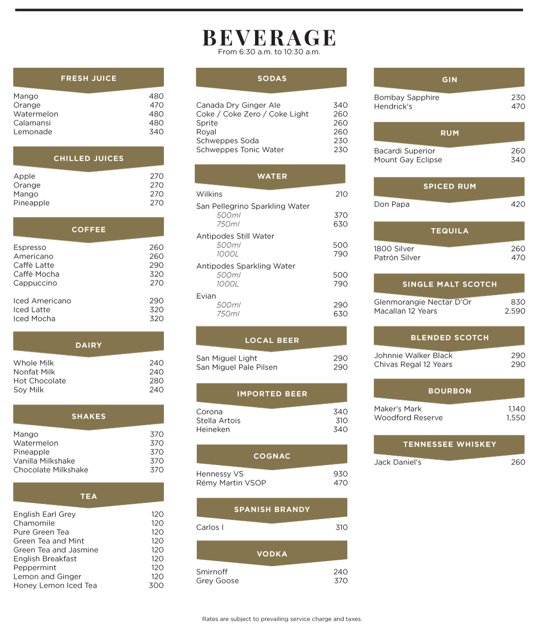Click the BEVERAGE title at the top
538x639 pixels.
[269, 38]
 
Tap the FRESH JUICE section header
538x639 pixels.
[89, 78]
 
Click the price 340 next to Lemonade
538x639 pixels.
[156, 132]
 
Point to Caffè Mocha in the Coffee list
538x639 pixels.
[36, 274]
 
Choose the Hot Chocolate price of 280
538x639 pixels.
[156, 381]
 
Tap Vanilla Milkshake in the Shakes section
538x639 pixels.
[44, 461]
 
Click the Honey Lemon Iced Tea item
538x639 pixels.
[55, 586]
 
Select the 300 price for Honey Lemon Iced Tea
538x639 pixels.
[156, 586]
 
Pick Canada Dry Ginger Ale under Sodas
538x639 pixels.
[238, 105]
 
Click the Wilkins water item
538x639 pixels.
[209, 194]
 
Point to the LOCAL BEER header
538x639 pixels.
[272, 340]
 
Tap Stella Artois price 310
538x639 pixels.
[341, 421]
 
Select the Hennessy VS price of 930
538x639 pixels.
[341, 474]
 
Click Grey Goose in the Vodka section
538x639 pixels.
[218, 581]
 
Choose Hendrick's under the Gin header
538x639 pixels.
[393, 107]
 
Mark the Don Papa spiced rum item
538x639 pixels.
[392, 204]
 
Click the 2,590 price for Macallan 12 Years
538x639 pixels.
[515, 311]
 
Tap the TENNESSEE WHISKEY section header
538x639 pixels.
[449, 444]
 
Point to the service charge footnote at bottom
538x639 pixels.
[282, 619]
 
